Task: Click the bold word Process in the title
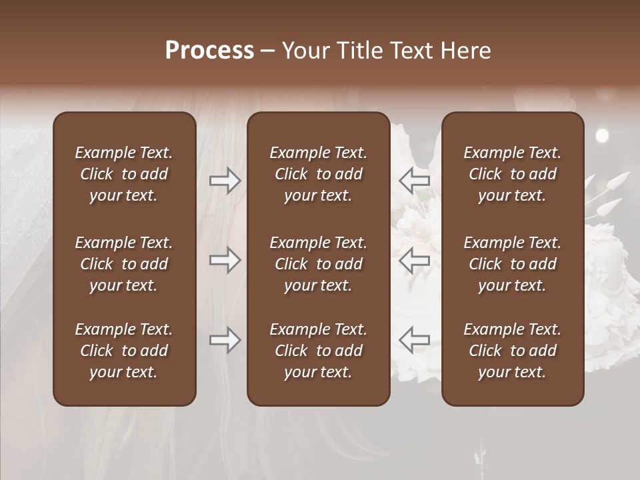pyautogui.click(x=209, y=51)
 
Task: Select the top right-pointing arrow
pyautogui.click(x=225, y=181)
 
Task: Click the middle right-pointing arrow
pyautogui.click(x=225, y=260)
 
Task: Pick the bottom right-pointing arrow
pyautogui.click(x=225, y=340)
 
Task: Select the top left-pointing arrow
pyautogui.click(x=414, y=181)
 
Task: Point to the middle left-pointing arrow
pyautogui.click(x=414, y=260)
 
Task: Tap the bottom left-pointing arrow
pyautogui.click(x=414, y=340)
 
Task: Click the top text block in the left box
pyautogui.click(x=124, y=174)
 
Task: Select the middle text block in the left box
pyautogui.click(x=124, y=264)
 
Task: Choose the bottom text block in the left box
pyautogui.click(x=124, y=351)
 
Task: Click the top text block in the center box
pyautogui.click(x=318, y=174)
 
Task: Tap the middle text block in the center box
pyautogui.click(x=318, y=264)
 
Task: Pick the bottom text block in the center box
pyautogui.click(x=318, y=351)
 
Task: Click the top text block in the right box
pyautogui.click(x=513, y=174)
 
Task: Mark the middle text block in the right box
pyautogui.click(x=513, y=264)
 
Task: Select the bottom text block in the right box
pyautogui.click(x=513, y=351)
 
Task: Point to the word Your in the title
pyautogui.click(x=305, y=51)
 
